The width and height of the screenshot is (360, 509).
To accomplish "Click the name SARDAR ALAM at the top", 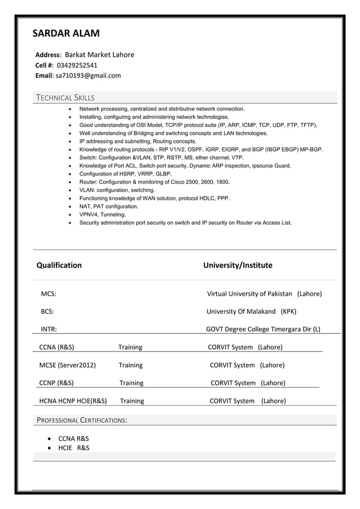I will pyautogui.click(x=66, y=33).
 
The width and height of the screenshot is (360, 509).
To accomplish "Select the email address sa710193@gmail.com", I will pyautogui.click(x=88, y=75).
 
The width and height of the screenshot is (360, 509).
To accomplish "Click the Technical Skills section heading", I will pyautogui.click(x=65, y=98).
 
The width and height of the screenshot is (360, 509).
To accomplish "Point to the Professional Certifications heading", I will pyautogui.click(x=82, y=420).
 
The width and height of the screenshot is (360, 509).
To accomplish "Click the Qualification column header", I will pyautogui.click(x=59, y=265).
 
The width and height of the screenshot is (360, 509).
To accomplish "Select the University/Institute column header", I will pyautogui.click(x=238, y=265).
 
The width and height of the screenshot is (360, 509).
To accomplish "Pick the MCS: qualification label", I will pyautogui.click(x=48, y=293).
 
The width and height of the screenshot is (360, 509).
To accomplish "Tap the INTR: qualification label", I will pyautogui.click(x=48, y=329).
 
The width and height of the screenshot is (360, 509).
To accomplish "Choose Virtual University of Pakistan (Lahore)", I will pyautogui.click(x=264, y=293).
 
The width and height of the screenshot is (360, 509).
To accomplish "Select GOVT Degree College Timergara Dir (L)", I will pyautogui.click(x=263, y=329).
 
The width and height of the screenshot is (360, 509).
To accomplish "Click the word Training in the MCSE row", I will pyautogui.click(x=130, y=365).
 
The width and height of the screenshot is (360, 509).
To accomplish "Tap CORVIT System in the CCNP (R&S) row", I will pyautogui.click(x=233, y=383).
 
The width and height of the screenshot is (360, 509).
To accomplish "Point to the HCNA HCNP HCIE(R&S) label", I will pyautogui.click(x=73, y=401).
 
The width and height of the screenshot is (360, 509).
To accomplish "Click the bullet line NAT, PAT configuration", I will pyautogui.click(x=108, y=207).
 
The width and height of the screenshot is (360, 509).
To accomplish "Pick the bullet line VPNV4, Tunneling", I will pyautogui.click(x=103, y=214).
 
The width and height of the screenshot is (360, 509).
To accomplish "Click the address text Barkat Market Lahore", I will pyautogui.click(x=99, y=55).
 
